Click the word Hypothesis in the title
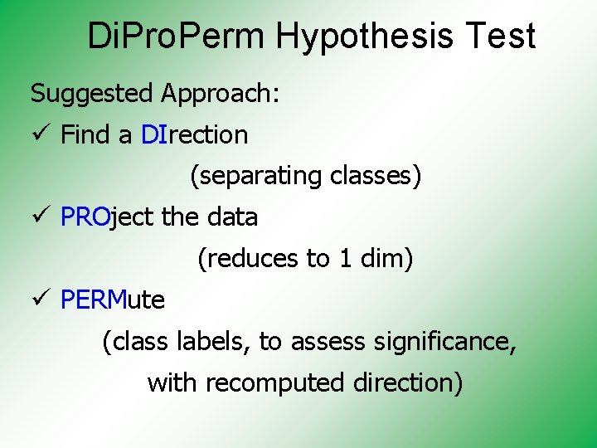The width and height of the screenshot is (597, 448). coord(366,37)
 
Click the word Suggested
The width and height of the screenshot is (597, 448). coord(92,93)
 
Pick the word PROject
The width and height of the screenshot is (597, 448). coord(107,217)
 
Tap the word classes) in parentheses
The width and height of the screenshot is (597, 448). coord(376,176)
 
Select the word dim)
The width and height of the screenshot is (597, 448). coord(386,259)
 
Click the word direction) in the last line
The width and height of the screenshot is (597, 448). coord(408,383)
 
